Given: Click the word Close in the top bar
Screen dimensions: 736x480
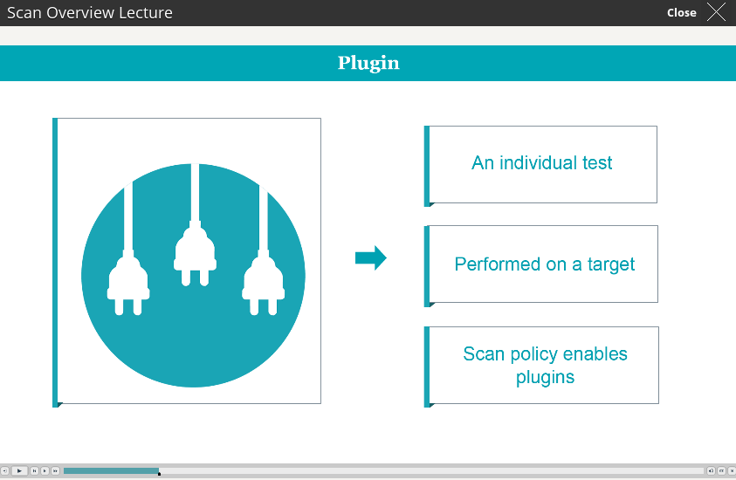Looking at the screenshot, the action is pos(682,13).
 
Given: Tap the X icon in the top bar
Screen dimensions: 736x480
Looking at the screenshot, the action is pos(716,12).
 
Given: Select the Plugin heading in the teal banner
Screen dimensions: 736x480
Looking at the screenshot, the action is pos(368,64).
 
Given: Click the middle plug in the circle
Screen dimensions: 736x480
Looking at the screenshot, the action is pos(195,225).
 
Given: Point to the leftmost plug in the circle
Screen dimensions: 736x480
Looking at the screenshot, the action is pos(128,249).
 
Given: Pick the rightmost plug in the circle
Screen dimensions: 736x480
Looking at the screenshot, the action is pos(264,250).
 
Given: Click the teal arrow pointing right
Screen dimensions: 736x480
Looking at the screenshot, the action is pos(371,257).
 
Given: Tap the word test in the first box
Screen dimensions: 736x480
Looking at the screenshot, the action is pos(597,163).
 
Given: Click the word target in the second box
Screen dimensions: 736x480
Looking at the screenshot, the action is pos(610,265).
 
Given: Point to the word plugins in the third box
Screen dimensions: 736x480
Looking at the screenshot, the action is pos(545,378).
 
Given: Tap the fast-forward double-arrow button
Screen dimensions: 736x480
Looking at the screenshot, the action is pos(55,470).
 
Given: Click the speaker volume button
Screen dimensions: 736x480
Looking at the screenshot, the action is pos(711,470).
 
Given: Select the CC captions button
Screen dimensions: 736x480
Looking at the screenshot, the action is pos(721,470).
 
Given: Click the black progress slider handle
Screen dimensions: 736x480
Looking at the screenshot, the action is pos(160,474).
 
